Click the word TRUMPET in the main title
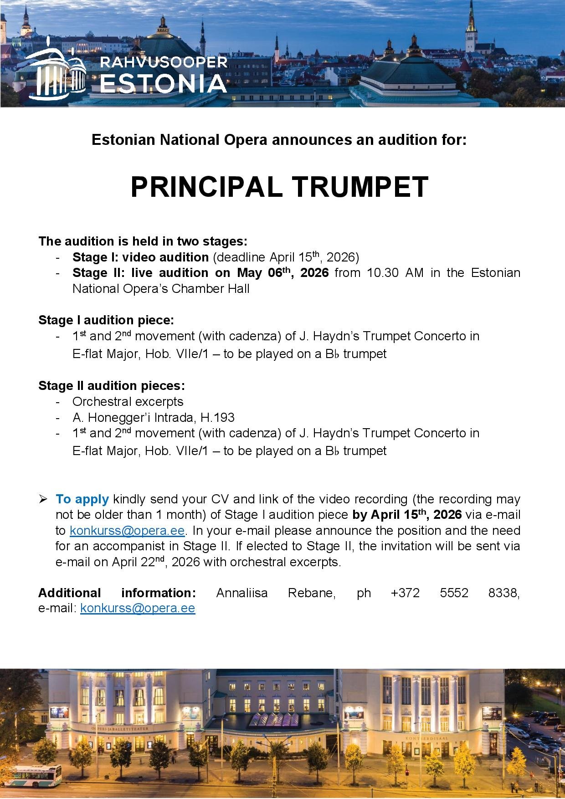click(x=360, y=187)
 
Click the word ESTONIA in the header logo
click(x=163, y=83)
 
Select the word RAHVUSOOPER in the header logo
click(x=164, y=61)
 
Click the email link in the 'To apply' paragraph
click(x=127, y=531)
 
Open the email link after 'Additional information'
click(x=138, y=608)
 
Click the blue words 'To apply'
click(x=82, y=499)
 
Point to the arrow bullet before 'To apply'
click(x=43, y=500)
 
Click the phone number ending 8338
click(x=456, y=593)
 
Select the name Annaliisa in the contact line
click(x=242, y=593)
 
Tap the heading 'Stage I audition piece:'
click(x=106, y=320)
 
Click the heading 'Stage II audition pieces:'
click(x=112, y=386)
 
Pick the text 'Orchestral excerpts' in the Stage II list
click(x=128, y=401)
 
